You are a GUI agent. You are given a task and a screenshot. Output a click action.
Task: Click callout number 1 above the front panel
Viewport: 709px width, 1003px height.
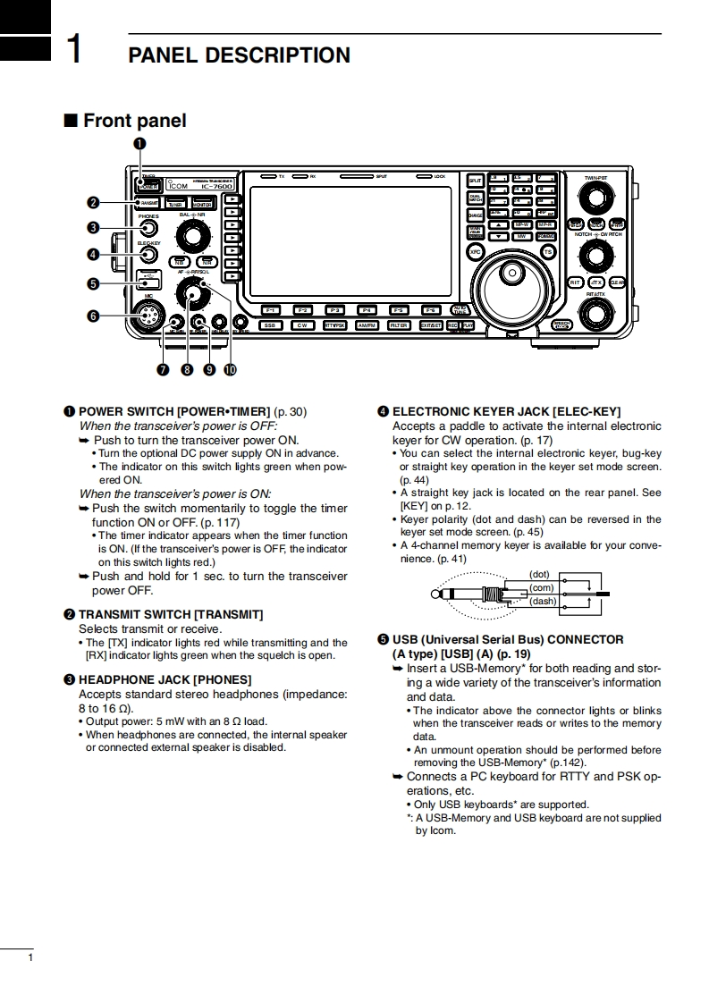point(140,144)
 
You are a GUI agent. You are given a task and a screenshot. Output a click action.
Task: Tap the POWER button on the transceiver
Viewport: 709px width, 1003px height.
point(148,185)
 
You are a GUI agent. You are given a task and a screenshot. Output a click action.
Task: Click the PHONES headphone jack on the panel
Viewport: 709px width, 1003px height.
point(148,228)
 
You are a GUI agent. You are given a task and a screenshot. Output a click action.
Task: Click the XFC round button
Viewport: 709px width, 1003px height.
point(476,252)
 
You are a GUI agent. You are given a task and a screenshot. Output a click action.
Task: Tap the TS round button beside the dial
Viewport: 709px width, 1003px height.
point(548,252)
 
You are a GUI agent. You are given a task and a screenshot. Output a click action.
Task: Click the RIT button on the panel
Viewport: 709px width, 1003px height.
point(576,282)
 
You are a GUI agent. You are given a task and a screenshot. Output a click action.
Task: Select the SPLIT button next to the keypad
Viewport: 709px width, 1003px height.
point(476,181)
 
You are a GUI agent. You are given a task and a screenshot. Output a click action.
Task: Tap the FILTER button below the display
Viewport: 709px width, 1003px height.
point(399,325)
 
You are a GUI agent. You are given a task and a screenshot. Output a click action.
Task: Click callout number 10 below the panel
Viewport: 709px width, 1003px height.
point(231,368)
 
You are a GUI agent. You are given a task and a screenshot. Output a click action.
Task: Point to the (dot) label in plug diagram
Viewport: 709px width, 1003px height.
point(539,574)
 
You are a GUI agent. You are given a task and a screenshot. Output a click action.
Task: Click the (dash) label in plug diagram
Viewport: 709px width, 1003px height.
point(543,601)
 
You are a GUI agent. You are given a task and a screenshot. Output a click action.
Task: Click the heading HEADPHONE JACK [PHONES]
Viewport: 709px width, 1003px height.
point(165,679)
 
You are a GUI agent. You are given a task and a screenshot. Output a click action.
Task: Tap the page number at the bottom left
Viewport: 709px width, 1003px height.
point(31,958)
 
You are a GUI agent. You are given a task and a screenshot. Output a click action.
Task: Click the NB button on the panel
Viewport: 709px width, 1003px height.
point(180,261)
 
